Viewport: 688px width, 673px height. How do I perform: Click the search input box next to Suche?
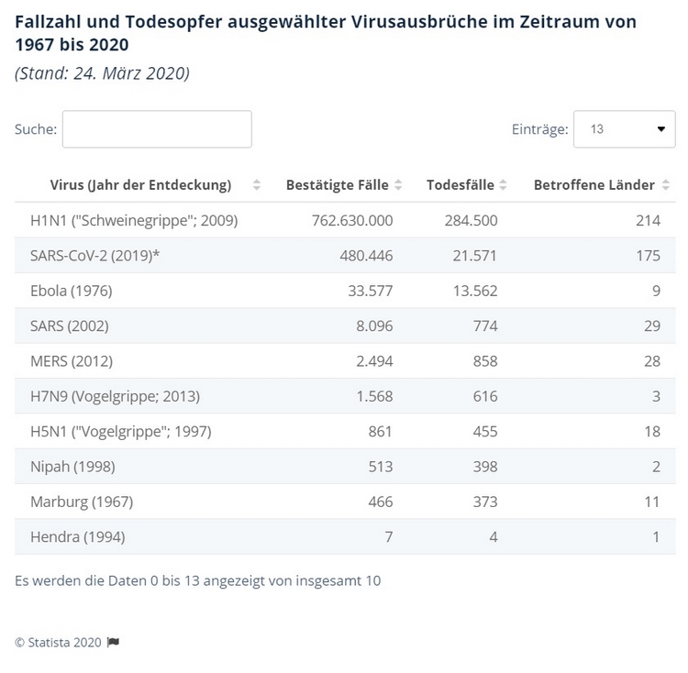tap(157, 129)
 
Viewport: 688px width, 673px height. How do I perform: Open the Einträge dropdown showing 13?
tap(624, 129)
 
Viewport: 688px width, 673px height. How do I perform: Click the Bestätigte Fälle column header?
tap(338, 185)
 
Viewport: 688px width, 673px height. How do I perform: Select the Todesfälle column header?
tap(461, 185)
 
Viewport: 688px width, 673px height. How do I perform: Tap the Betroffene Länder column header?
tap(594, 185)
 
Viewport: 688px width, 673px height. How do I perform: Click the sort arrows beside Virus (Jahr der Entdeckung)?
tap(257, 185)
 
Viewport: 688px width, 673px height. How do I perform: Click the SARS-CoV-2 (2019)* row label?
tap(94, 256)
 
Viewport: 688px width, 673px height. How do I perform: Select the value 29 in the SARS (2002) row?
tap(651, 326)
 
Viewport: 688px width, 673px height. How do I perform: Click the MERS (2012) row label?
tap(72, 361)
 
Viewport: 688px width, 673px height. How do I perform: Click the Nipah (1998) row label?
tap(72, 467)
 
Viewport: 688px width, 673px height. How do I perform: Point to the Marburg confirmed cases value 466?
tap(379, 502)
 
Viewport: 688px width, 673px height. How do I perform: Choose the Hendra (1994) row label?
tap(77, 537)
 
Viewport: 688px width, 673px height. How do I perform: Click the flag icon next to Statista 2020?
tap(113, 643)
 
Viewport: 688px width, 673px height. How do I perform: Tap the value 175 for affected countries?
tap(648, 256)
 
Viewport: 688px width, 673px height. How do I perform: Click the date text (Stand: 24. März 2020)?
tap(102, 74)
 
